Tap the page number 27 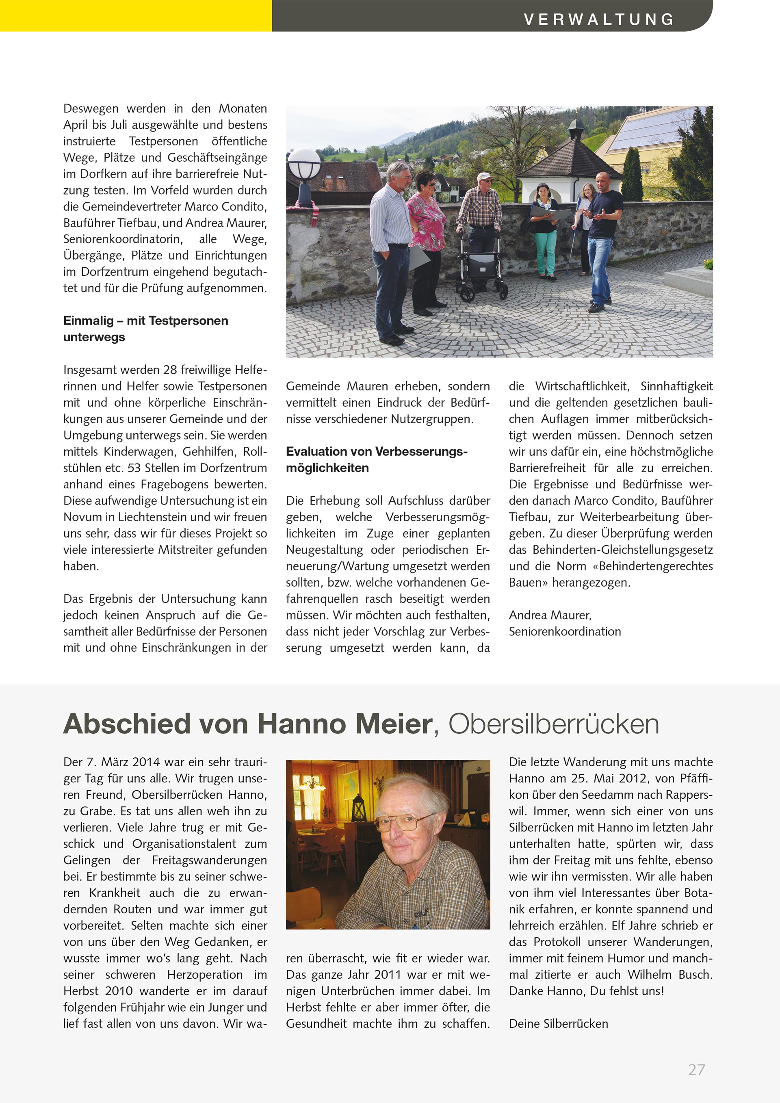tap(696, 1069)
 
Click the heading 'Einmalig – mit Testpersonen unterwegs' tap(145, 329)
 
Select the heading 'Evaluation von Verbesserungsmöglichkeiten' tap(377, 460)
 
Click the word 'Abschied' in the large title tap(127, 724)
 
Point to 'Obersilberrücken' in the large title tap(554, 724)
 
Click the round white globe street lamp tap(304, 163)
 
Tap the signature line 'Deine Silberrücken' tap(558, 1024)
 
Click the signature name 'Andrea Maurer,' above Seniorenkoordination tap(550, 615)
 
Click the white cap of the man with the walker tap(484, 176)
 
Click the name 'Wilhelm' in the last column tap(650, 975)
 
